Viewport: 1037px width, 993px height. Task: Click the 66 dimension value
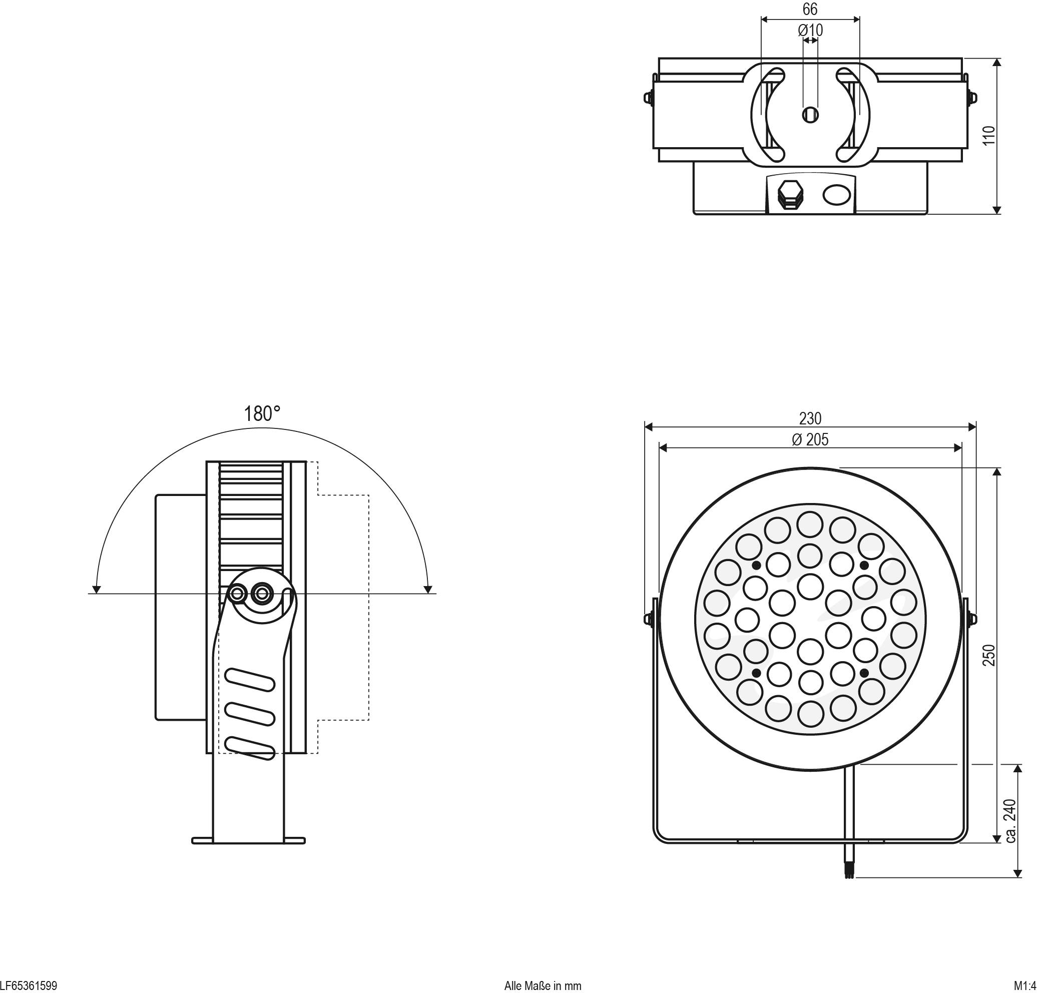(x=809, y=10)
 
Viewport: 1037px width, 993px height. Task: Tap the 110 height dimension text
(x=988, y=136)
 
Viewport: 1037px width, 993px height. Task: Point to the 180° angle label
(x=262, y=414)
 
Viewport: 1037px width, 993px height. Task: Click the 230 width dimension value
(x=810, y=418)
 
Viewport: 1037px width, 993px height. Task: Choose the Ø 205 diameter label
(x=810, y=439)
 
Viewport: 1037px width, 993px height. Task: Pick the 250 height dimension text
(x=988, y=655)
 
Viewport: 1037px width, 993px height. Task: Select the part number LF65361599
(x=29, y=985)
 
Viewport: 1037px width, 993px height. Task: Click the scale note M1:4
(x=1025, y=985)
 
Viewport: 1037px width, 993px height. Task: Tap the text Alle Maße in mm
(x=543, y=985)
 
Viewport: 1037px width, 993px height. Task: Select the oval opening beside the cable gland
(x=837, y=194)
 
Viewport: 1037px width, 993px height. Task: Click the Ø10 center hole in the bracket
(x=810, y=114)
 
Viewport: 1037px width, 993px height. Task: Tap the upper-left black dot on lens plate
(x=757, y=566)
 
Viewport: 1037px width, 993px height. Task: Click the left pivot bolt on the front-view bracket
(x=648, y=619)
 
